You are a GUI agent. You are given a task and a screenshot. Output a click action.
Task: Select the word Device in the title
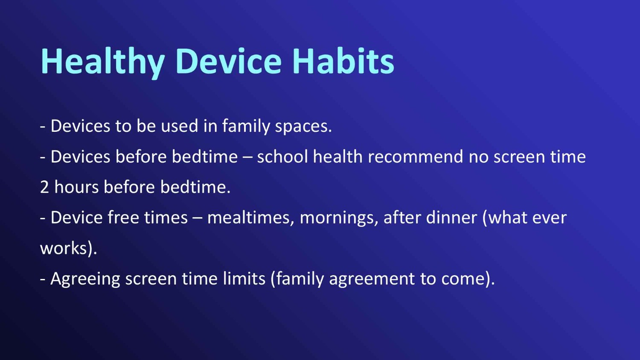tap(229, 61)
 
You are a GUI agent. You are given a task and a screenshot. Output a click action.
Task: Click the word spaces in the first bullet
tap(303, 127)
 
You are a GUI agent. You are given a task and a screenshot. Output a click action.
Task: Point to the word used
tap(180, 126)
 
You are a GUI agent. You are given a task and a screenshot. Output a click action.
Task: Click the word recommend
tap(416, 157)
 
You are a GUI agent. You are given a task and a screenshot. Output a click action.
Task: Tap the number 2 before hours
tap(44, 187)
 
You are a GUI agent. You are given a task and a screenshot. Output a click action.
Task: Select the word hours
tap(76, 187)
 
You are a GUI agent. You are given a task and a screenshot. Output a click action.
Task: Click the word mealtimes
tap(250, 218)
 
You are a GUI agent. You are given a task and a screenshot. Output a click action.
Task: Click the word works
tap(64, 248)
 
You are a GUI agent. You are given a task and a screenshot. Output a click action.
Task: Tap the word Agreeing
tap(85, 279)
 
